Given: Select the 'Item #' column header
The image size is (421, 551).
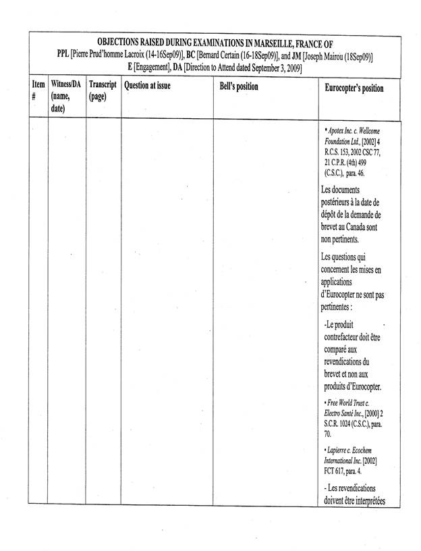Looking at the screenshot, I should (38, 91).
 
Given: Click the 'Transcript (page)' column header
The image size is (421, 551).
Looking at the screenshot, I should (103, 91).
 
